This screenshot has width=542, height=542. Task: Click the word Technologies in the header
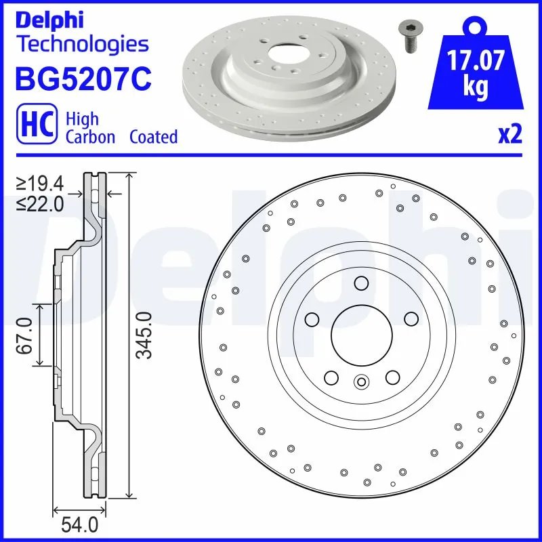[81, 45]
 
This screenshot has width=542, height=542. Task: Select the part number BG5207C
[82, 77]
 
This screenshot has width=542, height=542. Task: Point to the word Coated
[153, 137]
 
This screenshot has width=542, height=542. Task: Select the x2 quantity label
[510, 135]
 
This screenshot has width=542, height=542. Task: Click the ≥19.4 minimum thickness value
[43, 184]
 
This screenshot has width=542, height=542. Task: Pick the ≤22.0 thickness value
[43, 203]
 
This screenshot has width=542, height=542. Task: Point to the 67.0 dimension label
[26, 336]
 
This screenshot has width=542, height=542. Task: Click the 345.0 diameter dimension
[144, 336]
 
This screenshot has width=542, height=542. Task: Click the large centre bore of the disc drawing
[360, 335]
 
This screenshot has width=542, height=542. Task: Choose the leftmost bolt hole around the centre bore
[312, 319]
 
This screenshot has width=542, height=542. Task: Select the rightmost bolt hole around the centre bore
[410, 319]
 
